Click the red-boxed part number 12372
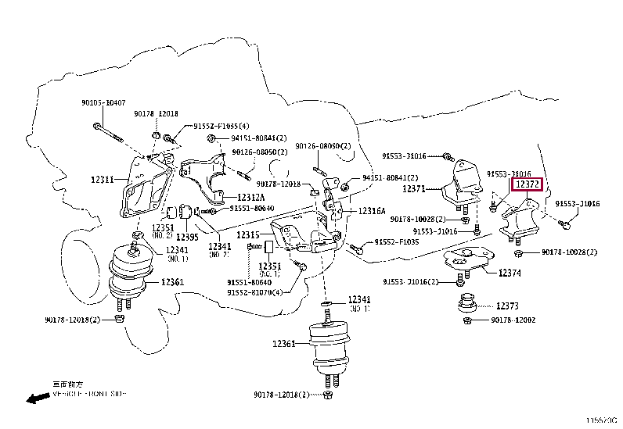click(x=526, y=184)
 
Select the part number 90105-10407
click(x=102, y=102)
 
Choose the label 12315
click(x=248, y=235)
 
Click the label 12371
click(x=414, y=189)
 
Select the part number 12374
click(x=510, y=273)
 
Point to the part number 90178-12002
click(x=513, y=320)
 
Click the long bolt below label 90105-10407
click(x=107, y=133)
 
